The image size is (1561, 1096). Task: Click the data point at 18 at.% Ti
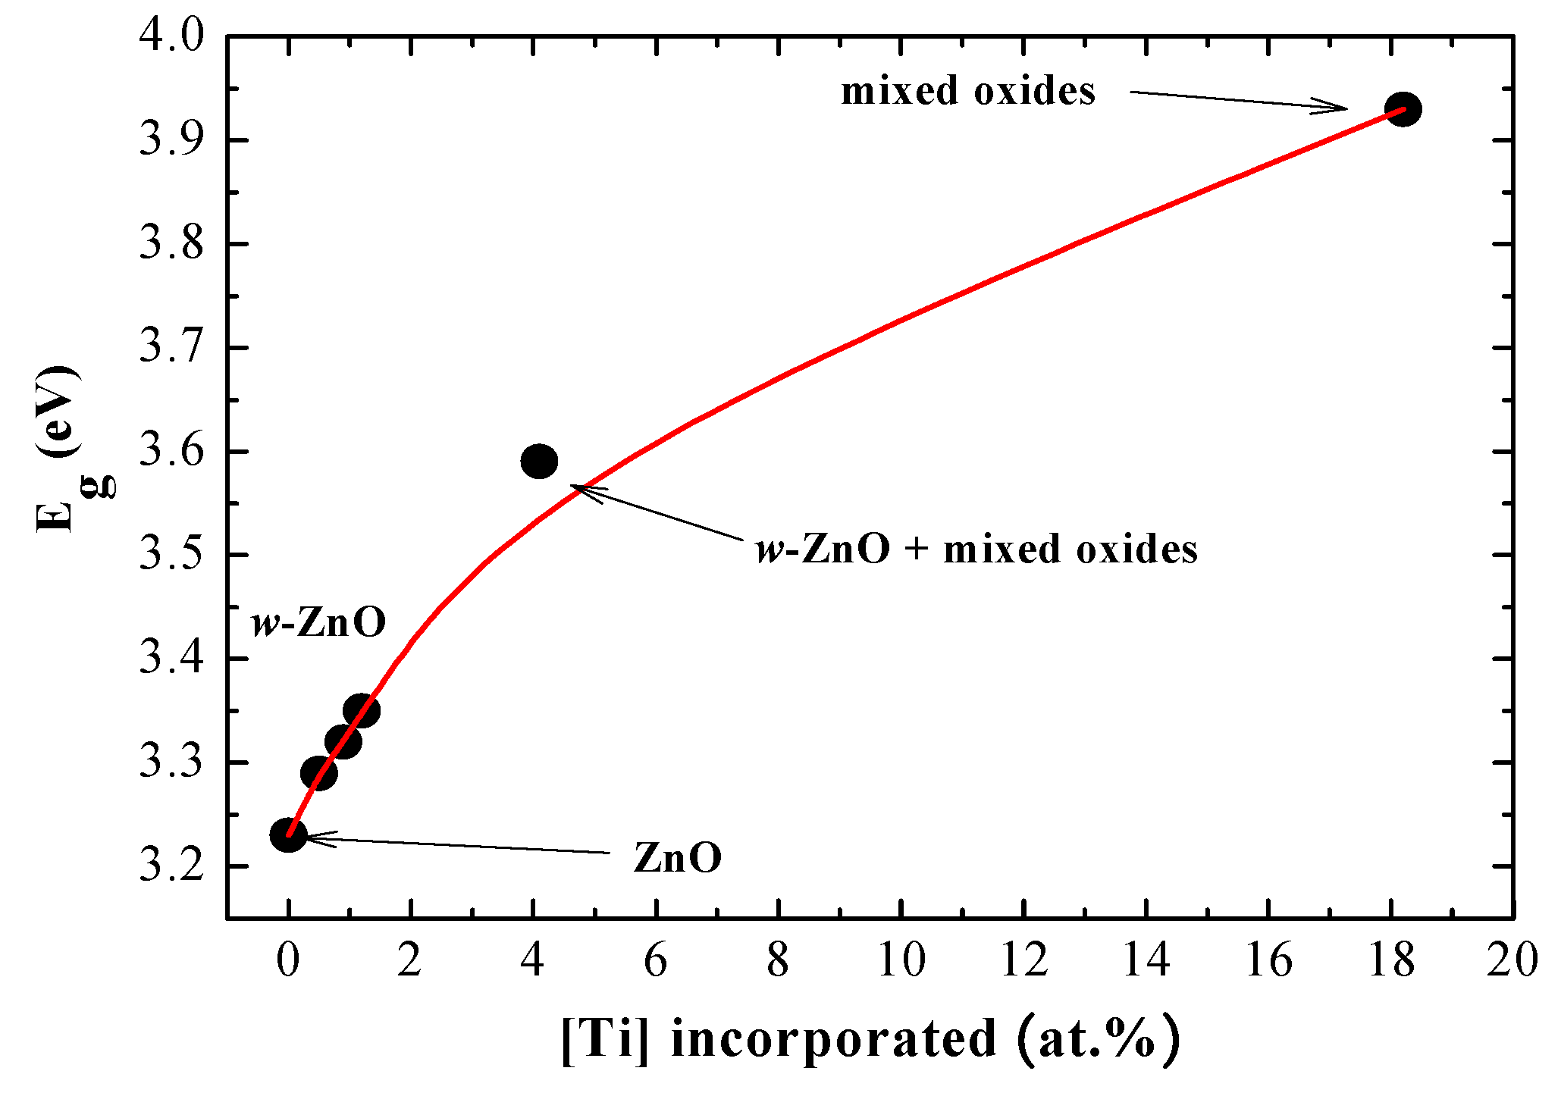(x=1403, y=109)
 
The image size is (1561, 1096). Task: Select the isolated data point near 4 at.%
(x=539, y=461)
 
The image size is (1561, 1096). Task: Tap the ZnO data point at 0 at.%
(x=288, y=835)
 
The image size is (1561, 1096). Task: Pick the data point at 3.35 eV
(x=362, y=710)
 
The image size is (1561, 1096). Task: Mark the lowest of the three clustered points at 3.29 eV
(x=318, y=773)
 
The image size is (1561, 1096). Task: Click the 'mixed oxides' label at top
(x=968, y=92)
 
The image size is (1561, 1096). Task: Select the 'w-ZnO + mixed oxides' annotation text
(x=976, y=550)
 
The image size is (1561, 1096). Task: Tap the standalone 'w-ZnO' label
(x=319, y=623)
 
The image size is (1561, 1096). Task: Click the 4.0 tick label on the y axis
(x=172, y=36)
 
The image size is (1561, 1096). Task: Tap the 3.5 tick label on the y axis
(x=172, y=556)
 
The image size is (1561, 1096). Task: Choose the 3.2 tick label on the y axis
(x=172, y=866)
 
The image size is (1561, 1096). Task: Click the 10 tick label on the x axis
(x=901, y=960)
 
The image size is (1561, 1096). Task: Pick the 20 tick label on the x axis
(x=1512, y=960)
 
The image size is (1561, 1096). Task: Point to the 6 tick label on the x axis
(x=655, y=960)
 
